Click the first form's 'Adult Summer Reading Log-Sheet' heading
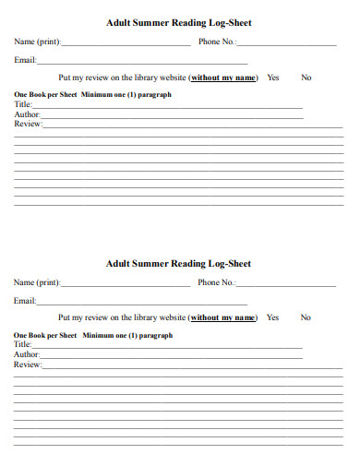point(178,23)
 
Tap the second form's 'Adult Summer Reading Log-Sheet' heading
point(178,264)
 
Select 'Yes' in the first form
point(272,78)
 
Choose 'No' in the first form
point(306,78)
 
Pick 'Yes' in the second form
point(272,317)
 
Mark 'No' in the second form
point(306,317)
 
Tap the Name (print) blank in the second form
point(126,284)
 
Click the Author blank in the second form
point(172,355)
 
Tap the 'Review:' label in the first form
point(28,123)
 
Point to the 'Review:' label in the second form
point(28,364)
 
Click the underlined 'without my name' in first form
point(222,78)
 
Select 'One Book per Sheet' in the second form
point(45,336)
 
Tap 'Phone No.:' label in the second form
point(217,282)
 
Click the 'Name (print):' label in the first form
point(37,42)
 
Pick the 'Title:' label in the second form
point(23,345)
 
